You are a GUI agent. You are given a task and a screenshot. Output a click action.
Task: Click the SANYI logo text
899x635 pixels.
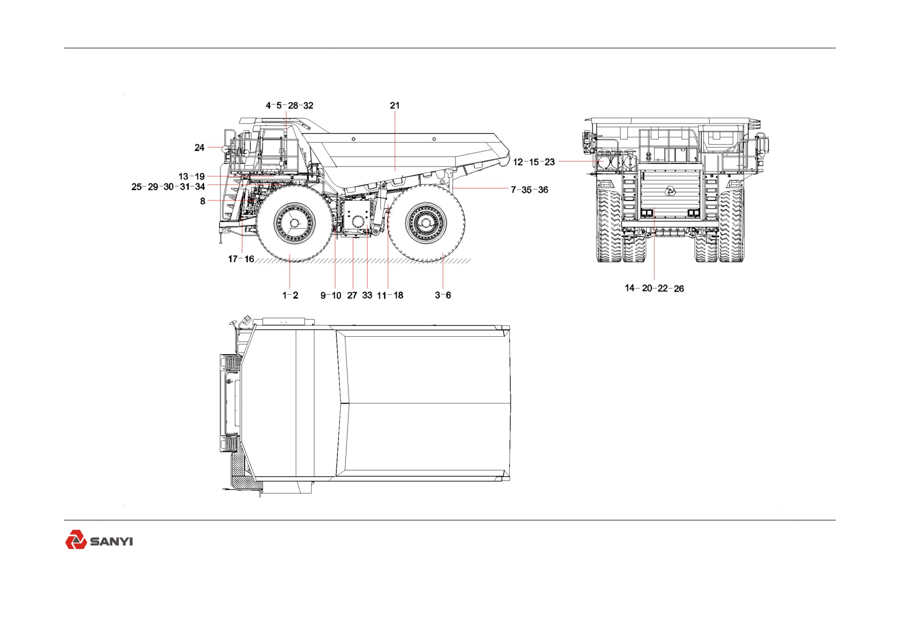point(111,542)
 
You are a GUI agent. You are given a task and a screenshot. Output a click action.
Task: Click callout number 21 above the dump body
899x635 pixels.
point(395,106)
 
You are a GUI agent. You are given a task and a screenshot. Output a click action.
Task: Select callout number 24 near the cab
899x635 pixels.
point(199,148)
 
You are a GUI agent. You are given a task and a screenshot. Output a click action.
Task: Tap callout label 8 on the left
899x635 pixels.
point(203,201)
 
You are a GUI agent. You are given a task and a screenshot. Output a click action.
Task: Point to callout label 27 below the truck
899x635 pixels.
point(352,295)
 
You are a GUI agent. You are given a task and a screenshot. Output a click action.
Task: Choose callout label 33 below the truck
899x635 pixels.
point(367,295)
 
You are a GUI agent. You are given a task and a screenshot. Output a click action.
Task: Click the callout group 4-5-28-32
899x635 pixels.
point(290,106)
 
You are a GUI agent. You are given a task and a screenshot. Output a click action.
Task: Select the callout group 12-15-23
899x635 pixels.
point(534,162)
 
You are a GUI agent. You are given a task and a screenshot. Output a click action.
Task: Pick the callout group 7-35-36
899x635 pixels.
point(529,190)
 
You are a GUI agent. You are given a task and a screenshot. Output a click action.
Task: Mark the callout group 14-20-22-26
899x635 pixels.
point(655,289)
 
